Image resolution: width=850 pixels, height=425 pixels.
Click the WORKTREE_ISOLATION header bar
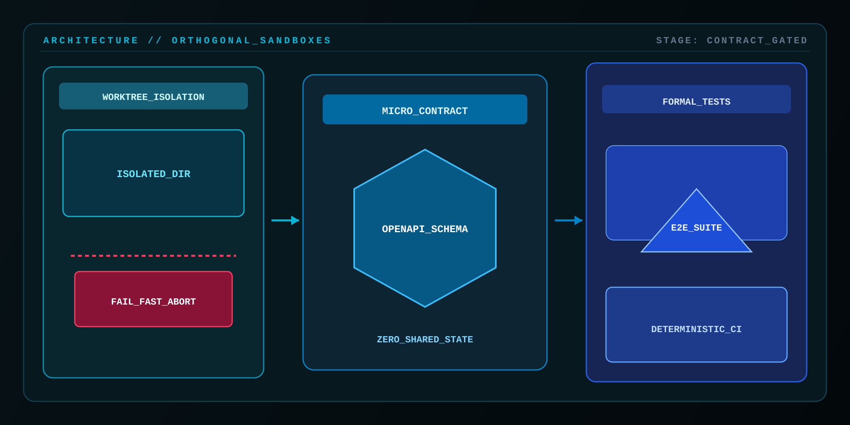pyautogui.click(x=153, y=96)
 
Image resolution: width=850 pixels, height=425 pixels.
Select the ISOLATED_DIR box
pyautogui.click(x=153, y=173)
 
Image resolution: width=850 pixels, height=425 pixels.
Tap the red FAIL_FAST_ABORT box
pyautogui.click(x=153, y=299)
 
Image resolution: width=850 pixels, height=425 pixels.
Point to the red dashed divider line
pyautogui.click(x=153, y=256)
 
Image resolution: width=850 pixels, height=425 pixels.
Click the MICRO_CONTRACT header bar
pyautogui.click(x=425, y=109)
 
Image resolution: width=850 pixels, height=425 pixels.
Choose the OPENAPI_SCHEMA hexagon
pyautogui.click(x=425, y=228)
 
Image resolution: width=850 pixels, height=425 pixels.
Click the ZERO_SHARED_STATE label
pyautogui.click(x=425, y=339)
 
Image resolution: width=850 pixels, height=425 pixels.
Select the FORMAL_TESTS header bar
pyautogui.click(x=697, y=99)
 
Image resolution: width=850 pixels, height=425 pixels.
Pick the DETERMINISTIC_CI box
pyautogui.click(x=697, y=325)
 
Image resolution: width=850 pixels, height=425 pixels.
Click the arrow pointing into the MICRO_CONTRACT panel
pyautogui.click(x=285, y=220)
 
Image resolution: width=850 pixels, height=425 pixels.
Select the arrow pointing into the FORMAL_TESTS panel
pyautogui.click(x=569, y=220)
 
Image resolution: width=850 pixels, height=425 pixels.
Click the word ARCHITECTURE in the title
pyautogui.click(x=91, y=41)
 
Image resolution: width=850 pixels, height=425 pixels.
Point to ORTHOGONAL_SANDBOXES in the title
pyautogui.click(x=251, y=41)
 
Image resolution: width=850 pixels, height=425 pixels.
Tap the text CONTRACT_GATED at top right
pyautogui.click(x=757, y=41)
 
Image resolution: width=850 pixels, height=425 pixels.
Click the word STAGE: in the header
pyautogui.click(x=677, y=41)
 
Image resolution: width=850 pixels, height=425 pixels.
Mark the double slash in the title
pyautogui.click(x=155, y=41)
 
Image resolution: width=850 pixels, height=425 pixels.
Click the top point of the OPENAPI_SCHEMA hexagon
pyautogui.click(x=425, y=150)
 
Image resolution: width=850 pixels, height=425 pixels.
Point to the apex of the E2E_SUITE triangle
pyautogui.click(x=697, y=189)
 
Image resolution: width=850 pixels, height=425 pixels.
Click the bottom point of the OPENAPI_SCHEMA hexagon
pyautogui.click(x=425, y=307)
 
